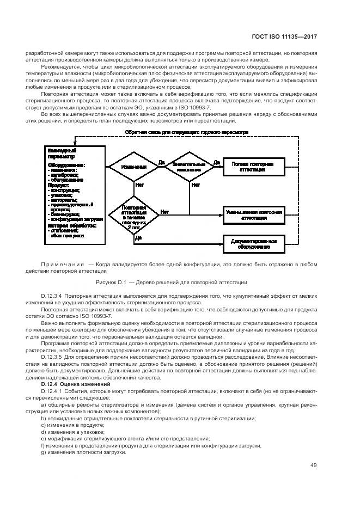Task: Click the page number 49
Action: (x=314, y=465)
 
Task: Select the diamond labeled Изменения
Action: (x=133, y=167)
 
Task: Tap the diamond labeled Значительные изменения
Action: (x=188, y=167)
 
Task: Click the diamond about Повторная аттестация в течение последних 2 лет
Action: (x=133, y=216)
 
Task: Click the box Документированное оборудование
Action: (x=254, y=243)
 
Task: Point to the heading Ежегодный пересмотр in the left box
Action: (x=62, y=154)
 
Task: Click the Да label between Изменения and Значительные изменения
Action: (x=161, y=162)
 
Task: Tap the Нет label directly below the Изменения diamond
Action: (x=139, y=185)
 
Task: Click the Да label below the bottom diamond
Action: (x=138, y=237)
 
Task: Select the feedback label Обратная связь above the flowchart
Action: (x=186, y=132)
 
